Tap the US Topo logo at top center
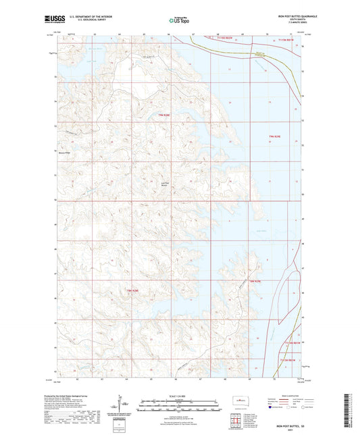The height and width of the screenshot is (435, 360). [180, 21]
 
